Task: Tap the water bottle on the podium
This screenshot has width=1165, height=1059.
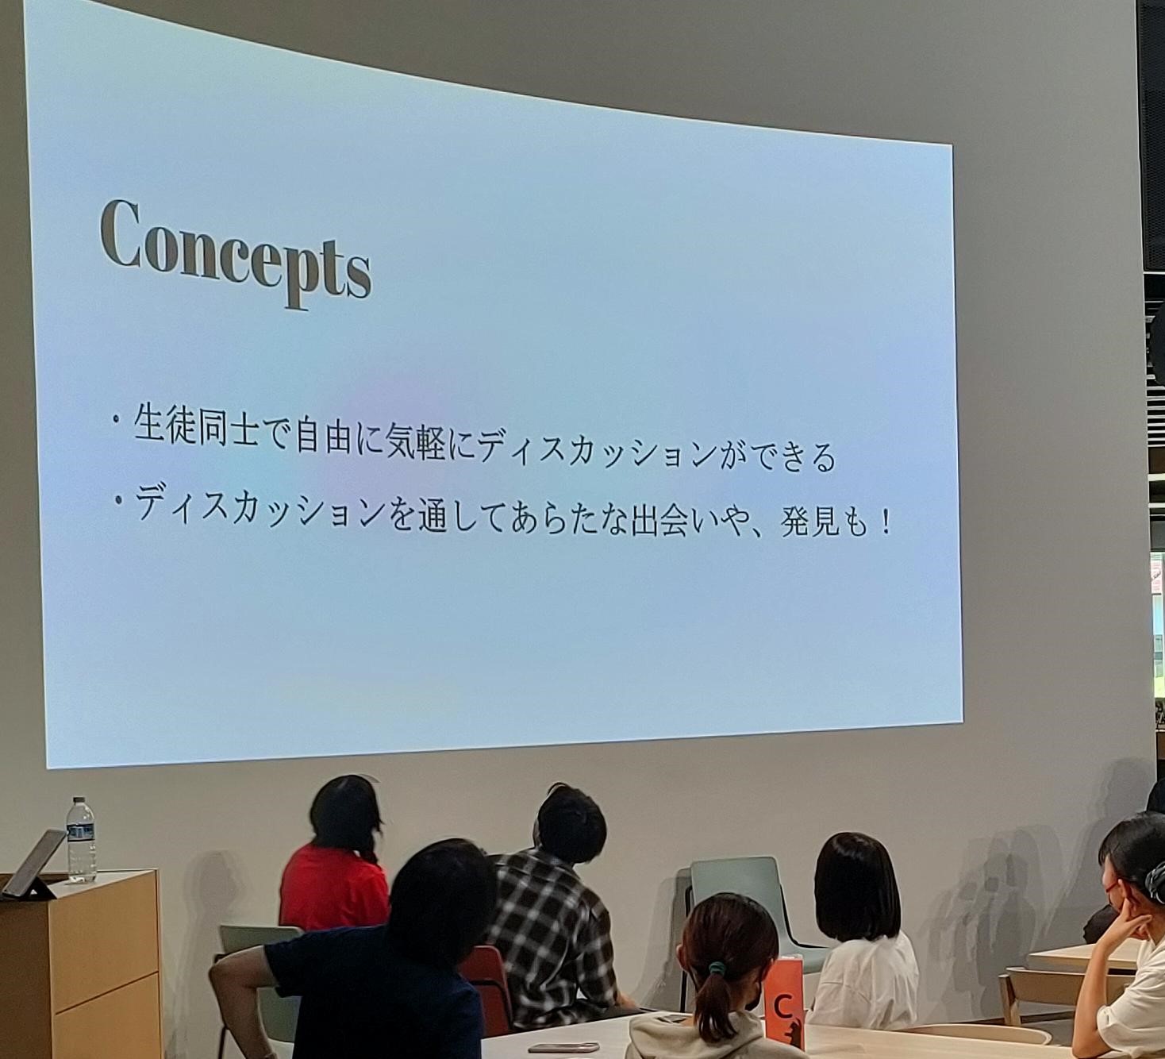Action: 81,839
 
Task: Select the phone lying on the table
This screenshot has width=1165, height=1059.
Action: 563,1032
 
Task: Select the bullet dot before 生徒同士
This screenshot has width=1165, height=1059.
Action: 118,420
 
